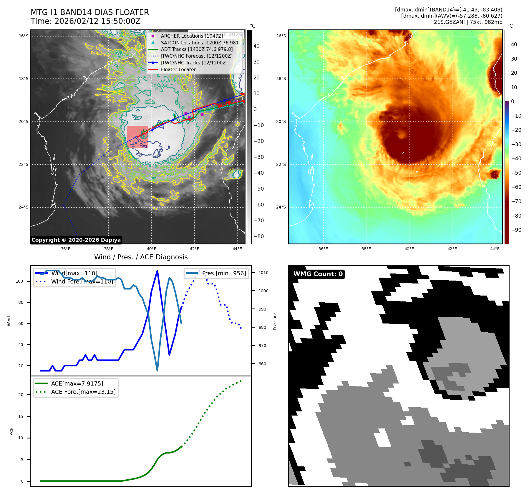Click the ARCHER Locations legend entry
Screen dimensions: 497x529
pos(192,36)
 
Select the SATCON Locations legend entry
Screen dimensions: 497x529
pos(200,43)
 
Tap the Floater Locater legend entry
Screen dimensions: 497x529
pos(178,69)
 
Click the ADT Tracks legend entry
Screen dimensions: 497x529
pos(196,49)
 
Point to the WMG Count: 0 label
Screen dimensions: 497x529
pos(318,274)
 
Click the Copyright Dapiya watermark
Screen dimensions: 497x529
pos(76,240)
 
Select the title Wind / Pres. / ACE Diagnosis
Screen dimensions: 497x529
pos(141,257)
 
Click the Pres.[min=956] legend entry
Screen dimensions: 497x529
pos(224,273)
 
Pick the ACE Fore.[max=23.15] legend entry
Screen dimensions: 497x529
pos(83,392)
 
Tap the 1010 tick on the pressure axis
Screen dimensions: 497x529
pos(263,273)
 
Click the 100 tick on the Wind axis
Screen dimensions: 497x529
pos(19,281)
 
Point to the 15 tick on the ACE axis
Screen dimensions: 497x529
pos(21,416)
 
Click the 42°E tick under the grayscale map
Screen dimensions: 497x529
pos(195,249)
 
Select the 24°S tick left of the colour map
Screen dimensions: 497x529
pos(281,207)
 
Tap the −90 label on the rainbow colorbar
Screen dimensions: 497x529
pos(516,230)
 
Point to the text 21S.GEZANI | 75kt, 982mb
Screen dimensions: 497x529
pos(468,22)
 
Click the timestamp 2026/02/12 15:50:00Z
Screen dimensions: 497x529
pos(97,21)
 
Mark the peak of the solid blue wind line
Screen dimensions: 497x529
pos(157,271)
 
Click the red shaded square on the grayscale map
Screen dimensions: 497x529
pos(137,137)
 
